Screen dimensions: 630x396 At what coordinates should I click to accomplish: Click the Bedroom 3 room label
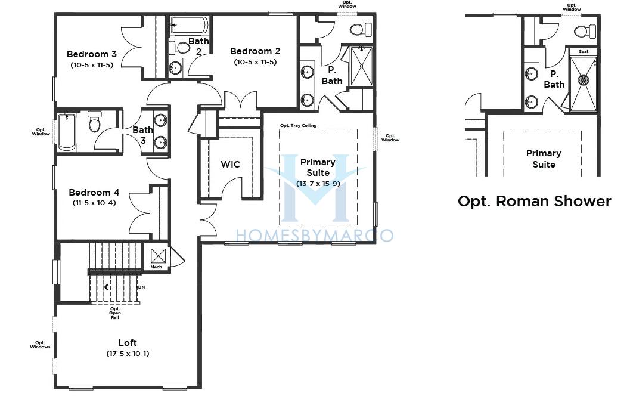(x=92, y=54)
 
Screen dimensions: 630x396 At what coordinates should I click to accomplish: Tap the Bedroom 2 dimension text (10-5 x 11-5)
(x=255, y=62)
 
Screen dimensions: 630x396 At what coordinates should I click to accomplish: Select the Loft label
(x=128, y=342)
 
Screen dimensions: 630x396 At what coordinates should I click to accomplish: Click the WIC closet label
(x=230, y=164)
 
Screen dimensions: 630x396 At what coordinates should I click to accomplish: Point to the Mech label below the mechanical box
(x=156, y=267)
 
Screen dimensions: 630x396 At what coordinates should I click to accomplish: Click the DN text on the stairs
(x=141, y=287)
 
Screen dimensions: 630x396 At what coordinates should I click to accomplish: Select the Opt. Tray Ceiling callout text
(x=298, y=125)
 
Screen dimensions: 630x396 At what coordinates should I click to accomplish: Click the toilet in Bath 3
(x=95, y=122)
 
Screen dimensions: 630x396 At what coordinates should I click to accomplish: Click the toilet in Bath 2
(x=179, y=48)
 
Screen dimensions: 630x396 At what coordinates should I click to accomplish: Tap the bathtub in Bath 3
(x=67, y=131)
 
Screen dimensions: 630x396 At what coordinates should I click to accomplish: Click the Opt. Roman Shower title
(x=535, y=201)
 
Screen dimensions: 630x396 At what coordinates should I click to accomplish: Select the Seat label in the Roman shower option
(x=584, y=51)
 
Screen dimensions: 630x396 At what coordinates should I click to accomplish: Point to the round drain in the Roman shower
(x=583, y=79)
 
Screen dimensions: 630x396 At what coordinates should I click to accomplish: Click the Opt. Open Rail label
(x=115, y=313)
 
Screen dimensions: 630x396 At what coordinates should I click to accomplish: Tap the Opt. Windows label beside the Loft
(x=40, y=345)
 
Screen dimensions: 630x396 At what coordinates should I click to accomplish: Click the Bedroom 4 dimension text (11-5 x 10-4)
(x=94, y=203)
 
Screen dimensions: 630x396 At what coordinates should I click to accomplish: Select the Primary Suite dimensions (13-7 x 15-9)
(x=318, y=184)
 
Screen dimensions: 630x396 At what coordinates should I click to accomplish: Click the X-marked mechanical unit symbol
(x=158, y=256)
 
